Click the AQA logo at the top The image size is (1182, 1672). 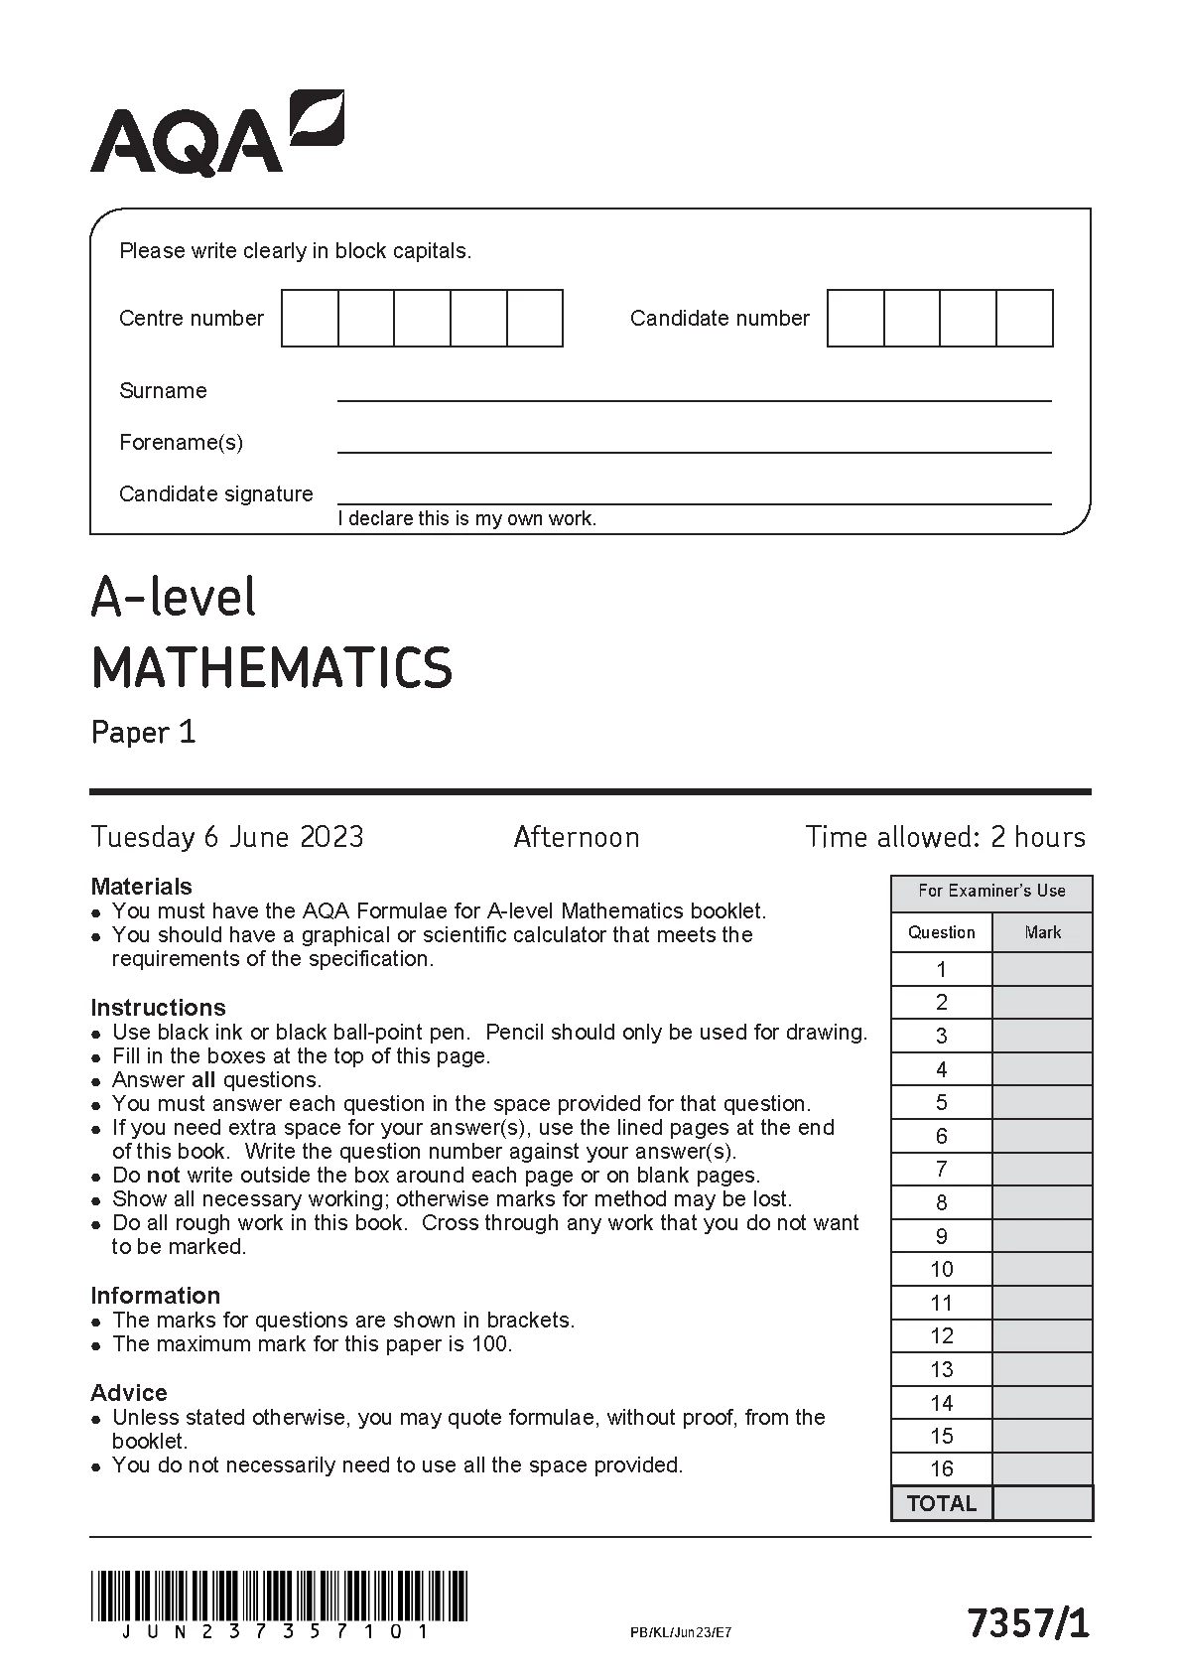point(216,134)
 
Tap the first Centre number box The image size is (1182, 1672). point(310,318)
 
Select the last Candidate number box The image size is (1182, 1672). point(1024,318)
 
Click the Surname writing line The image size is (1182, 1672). point(694,394)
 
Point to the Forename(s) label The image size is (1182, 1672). point(181,443)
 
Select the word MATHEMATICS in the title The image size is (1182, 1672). point(272,667)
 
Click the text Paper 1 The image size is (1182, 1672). point(144,733)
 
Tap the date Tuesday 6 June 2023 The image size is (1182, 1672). point(227,837)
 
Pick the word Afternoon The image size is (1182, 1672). point(577,837)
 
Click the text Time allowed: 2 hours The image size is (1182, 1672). point(945,837)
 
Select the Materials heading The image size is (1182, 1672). point(141,887)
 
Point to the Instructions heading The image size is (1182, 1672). point(158,1008)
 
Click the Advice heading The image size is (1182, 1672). point(129,1393)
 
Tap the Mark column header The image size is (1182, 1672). point(1042,932)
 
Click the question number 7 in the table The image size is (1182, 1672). point(942,1170)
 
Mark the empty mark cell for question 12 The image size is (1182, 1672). point(1042,1336)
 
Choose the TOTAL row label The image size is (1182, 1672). point(942,1503)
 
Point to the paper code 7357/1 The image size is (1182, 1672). point(1028,1624)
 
